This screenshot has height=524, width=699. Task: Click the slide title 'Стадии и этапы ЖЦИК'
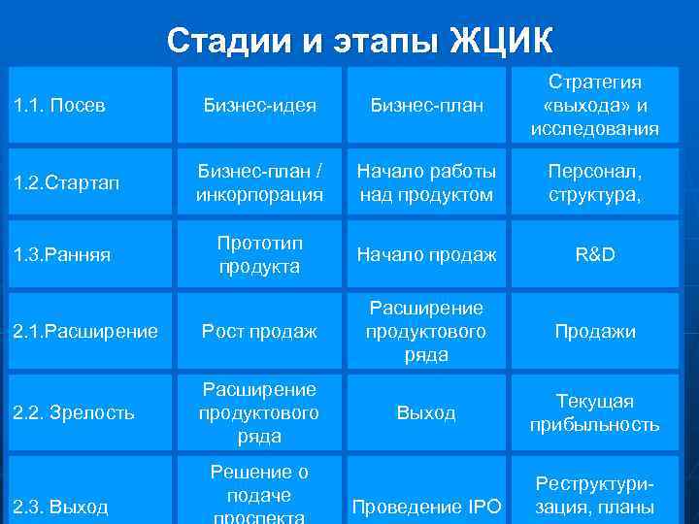pos(360,41)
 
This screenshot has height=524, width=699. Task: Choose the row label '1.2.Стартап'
pos(68,183)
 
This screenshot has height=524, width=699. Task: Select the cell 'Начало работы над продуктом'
pos(427,183)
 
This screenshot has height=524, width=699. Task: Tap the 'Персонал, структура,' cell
pos(595,183)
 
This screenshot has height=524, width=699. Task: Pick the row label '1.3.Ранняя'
pos(62,255)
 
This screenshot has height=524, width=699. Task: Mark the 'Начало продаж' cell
pos(427,255)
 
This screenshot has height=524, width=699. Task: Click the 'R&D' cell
pos(595,255)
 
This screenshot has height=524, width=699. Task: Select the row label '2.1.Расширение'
pos(85,332)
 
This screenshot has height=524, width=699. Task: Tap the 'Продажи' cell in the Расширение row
pos(595,332)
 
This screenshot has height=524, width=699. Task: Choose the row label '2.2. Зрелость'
pos(74,412)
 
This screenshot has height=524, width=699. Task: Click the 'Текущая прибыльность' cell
pos(595,412)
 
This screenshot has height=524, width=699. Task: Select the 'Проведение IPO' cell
pos(427,506)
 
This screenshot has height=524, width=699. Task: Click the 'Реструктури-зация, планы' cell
pos(595,495)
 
